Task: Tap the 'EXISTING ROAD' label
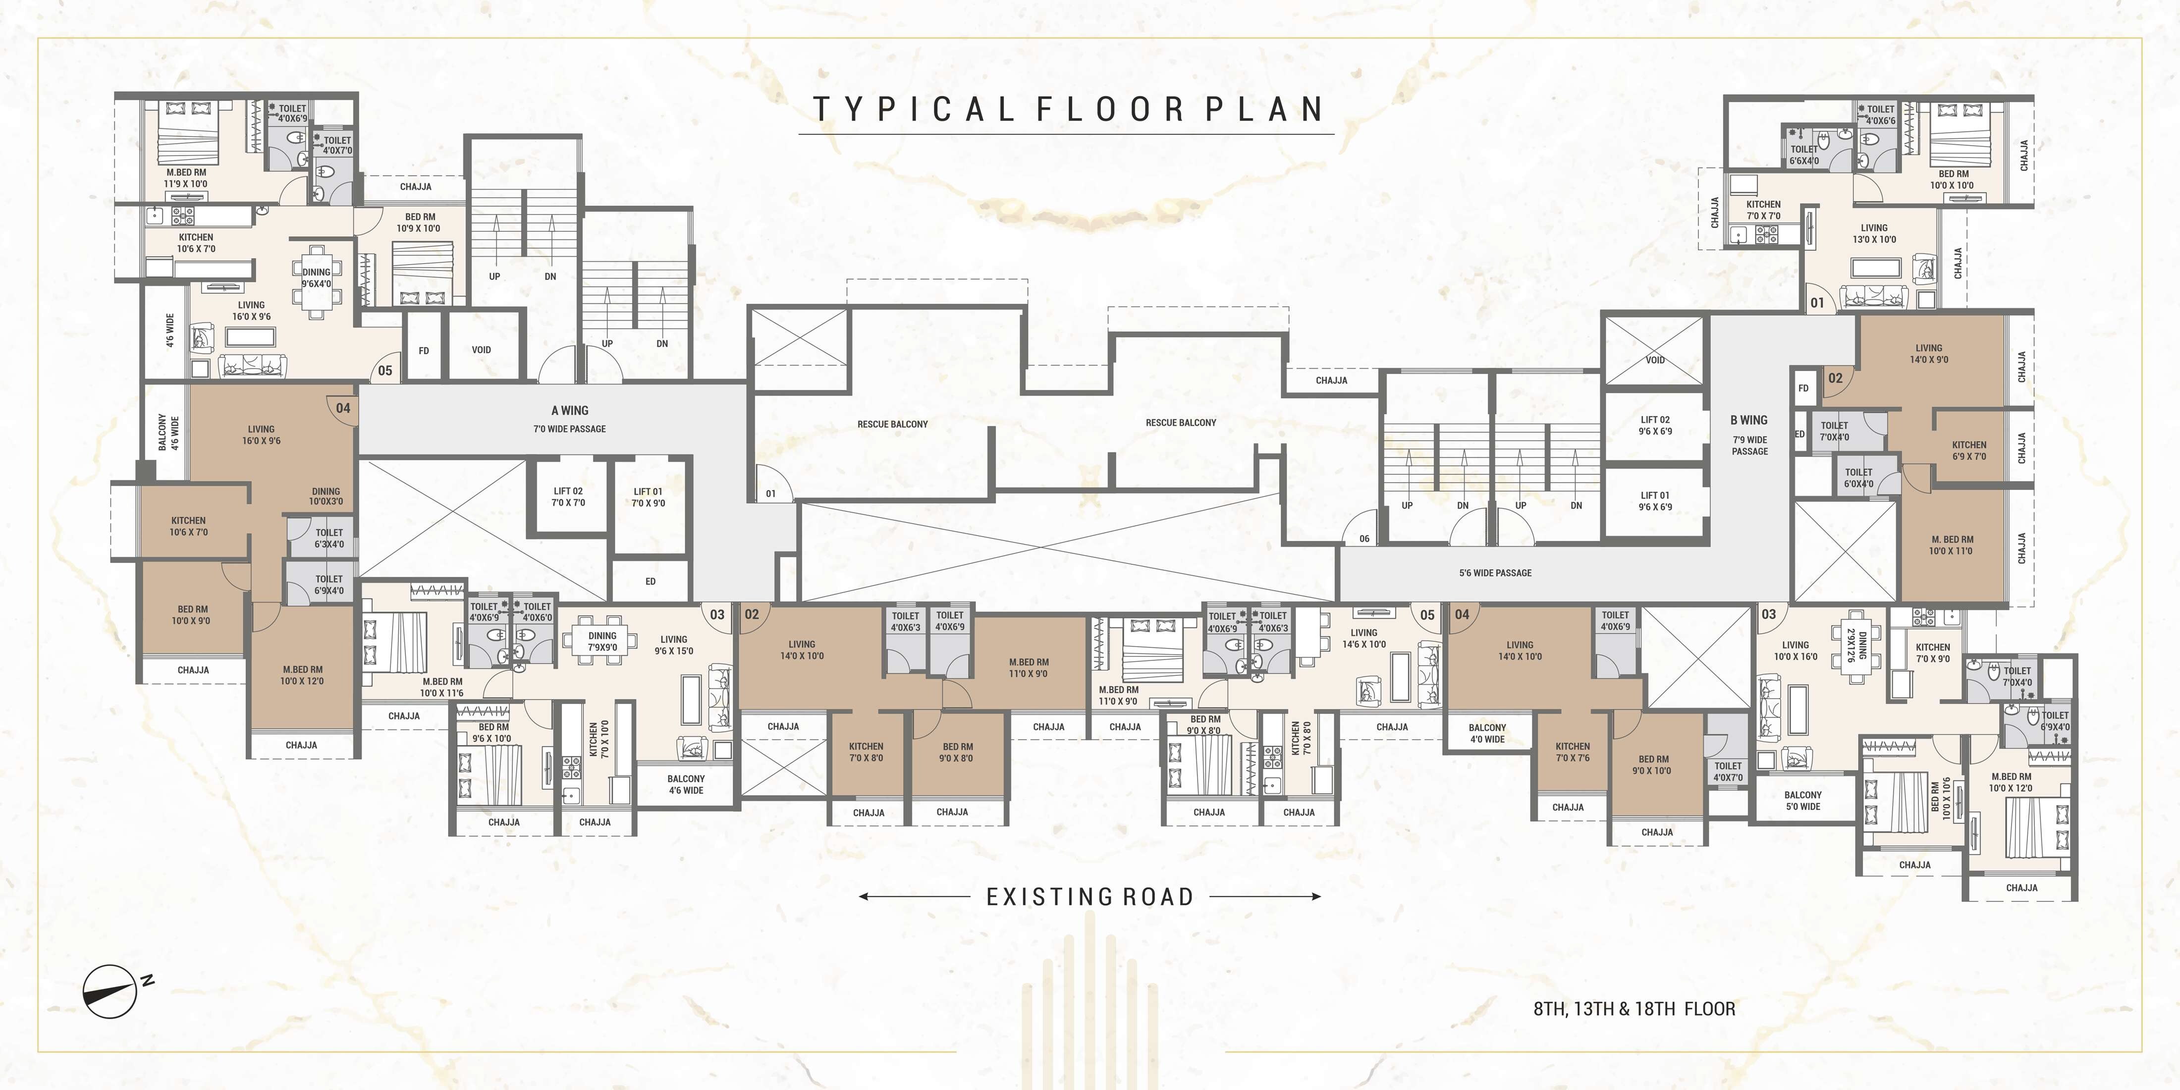1090,896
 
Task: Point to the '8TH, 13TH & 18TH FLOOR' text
1634,1009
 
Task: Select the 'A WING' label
570,410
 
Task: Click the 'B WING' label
1748,420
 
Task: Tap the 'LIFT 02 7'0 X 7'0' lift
568,497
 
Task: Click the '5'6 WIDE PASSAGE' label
1495,573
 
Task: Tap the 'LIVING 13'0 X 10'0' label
1874,233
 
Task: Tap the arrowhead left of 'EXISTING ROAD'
863,896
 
